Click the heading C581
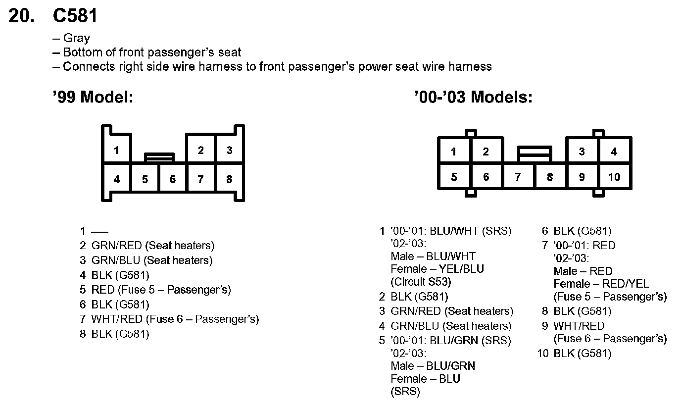tap(75, 16)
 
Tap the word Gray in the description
tap(76, 38)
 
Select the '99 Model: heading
tap(93, 97)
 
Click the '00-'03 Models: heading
tap(473, 97)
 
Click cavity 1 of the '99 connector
tap(116, 150)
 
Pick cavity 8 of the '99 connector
tap(229, 179)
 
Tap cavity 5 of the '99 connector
tap(145, 179)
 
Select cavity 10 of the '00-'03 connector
tap(614, 177)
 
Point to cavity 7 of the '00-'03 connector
tap(518, 177)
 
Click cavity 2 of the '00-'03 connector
tap(486, 152)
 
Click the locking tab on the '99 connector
tap(159, 157)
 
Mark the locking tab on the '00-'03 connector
tap(534, 153)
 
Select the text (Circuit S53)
tap(421, 282)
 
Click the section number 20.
tap(22, 16)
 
